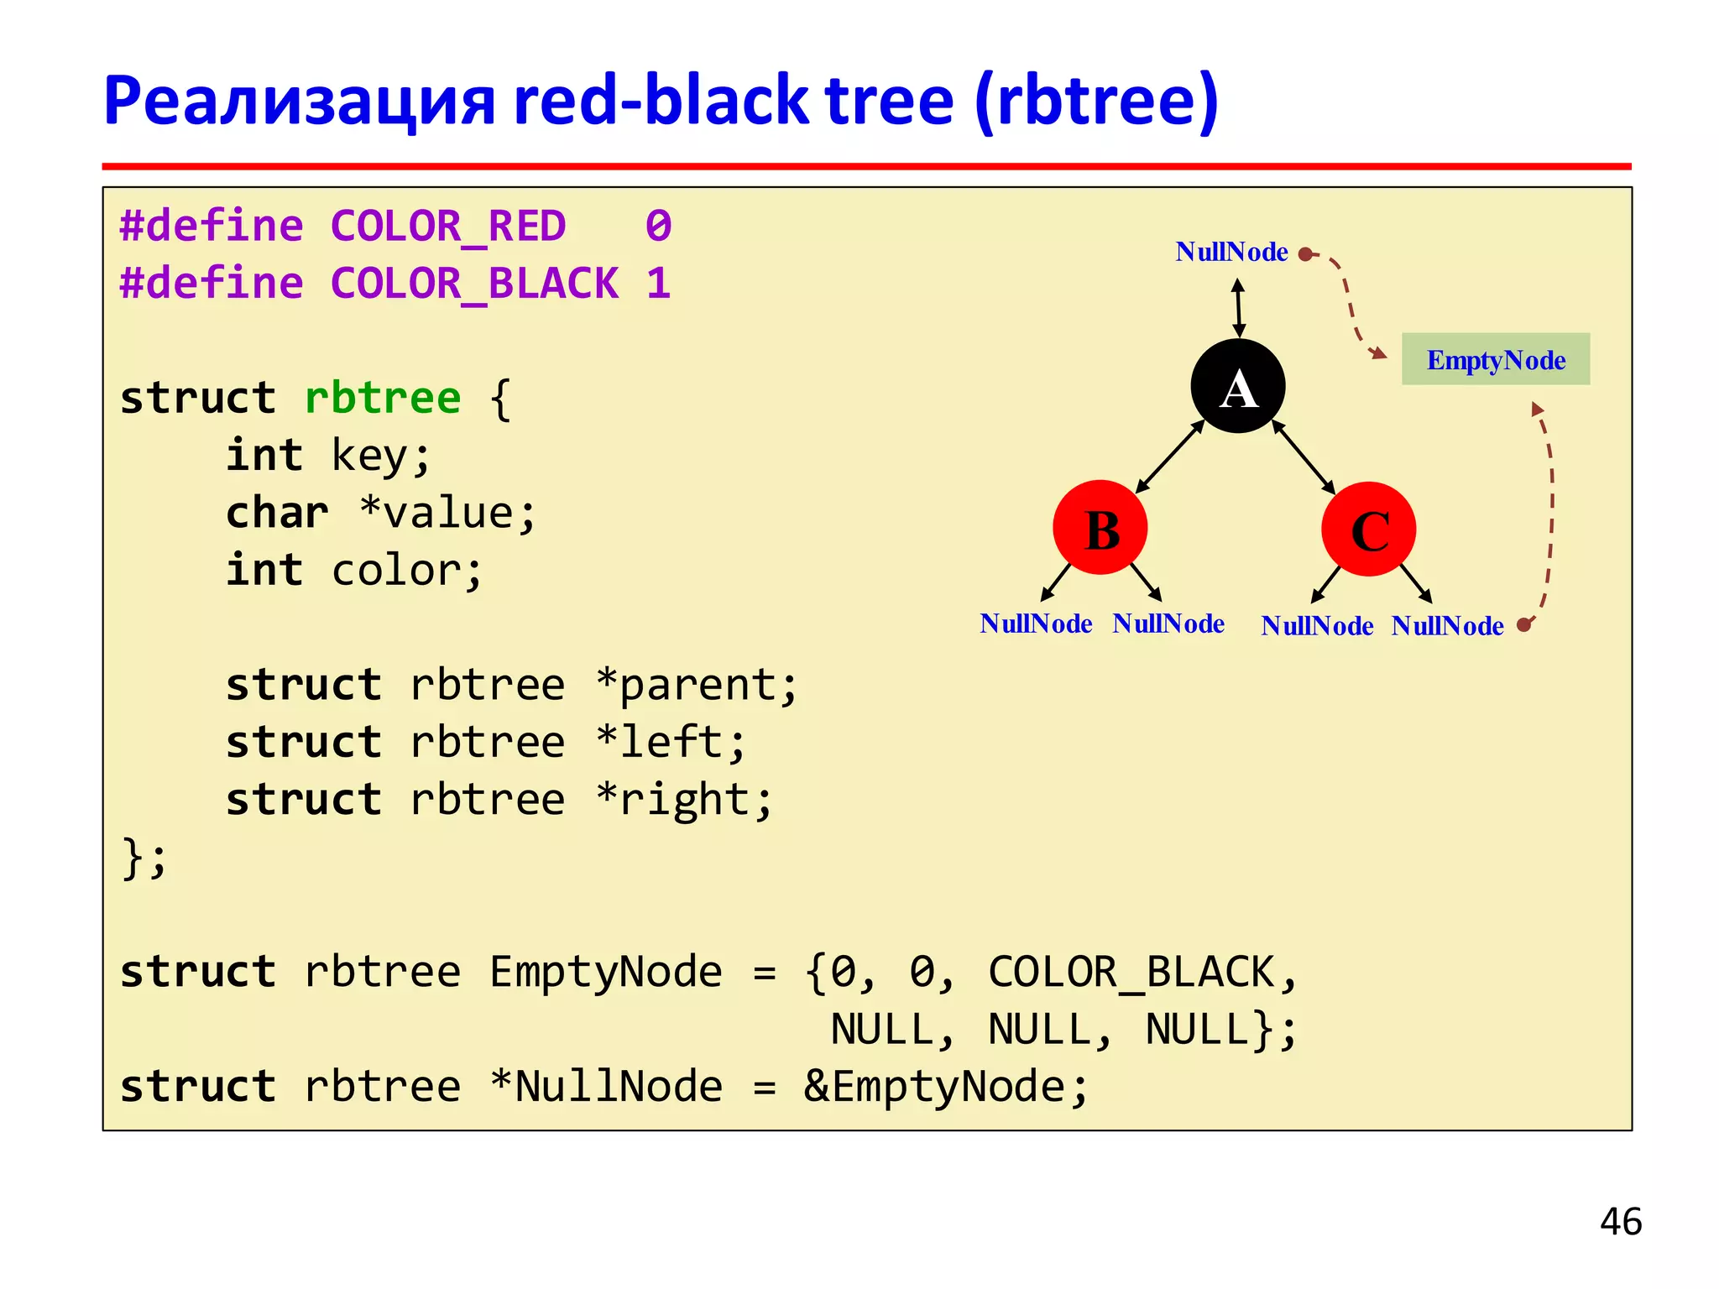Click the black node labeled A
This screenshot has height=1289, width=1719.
pos(1237,386)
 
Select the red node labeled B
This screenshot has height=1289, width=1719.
pos(1100,528)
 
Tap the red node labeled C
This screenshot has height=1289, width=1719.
pos(1368,529)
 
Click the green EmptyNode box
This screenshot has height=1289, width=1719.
pos(1495,359)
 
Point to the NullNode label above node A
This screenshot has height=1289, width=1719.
pos(1230,252)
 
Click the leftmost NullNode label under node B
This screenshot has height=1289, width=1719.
pos(1035,624)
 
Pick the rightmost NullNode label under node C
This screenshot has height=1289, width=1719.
pos(1447,626)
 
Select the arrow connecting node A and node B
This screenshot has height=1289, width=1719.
pos(1169,457)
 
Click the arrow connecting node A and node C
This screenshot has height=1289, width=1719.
pos(1304,457)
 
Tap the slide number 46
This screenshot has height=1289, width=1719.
pos(1620,1221)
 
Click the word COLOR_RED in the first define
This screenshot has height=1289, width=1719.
pos(448,227)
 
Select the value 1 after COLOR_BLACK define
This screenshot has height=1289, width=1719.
pos(658,284)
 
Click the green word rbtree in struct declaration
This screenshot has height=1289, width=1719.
pos(383,398)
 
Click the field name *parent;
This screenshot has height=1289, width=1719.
pos(696,685)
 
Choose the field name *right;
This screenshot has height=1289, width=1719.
pos(683,800)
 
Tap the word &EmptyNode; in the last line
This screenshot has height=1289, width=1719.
pos(945,1087)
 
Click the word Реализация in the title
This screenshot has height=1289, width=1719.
pos(299,101)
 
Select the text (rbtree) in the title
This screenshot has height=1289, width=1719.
pos(1095,101)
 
